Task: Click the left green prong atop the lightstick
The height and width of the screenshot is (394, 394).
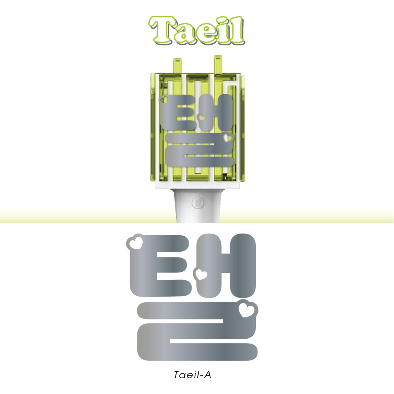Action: point(177,66)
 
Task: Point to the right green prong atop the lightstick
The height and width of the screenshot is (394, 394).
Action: point(218,65)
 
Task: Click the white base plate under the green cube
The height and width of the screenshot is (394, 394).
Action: point(197,185)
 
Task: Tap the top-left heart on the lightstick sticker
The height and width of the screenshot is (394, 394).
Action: point(164,100)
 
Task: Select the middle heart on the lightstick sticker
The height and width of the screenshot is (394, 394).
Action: point(202,117)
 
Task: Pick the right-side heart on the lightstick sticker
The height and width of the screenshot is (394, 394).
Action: point(228,137)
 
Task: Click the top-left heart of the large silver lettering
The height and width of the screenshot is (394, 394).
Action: point(135,242)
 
